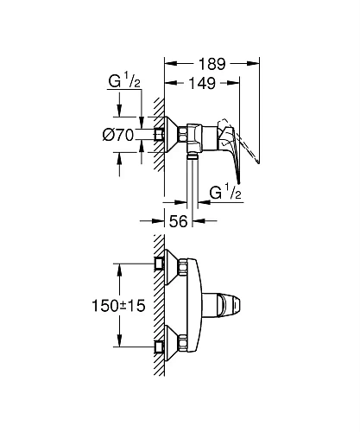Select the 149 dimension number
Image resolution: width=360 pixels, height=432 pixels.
202,83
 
